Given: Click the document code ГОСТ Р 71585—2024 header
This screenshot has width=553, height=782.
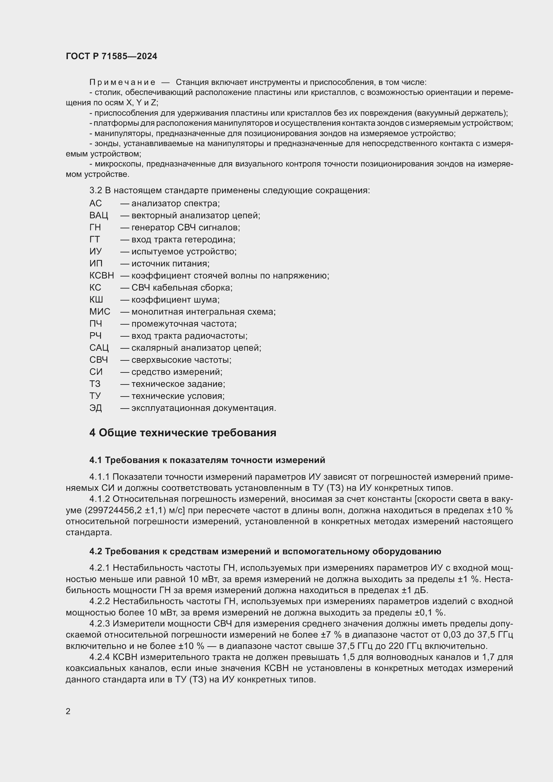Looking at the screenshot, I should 111,56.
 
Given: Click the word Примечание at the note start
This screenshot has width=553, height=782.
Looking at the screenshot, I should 122,82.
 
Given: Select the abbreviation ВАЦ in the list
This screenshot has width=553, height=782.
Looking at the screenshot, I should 99,215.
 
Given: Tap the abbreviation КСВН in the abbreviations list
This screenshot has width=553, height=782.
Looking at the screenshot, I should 102,275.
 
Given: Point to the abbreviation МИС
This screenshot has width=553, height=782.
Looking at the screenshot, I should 100,312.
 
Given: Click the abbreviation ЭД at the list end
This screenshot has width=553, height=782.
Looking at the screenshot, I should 96,408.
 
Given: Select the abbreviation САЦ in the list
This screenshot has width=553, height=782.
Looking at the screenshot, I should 99,348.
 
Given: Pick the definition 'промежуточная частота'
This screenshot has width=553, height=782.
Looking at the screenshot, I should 184,324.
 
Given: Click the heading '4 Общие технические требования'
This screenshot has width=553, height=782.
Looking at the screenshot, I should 183,433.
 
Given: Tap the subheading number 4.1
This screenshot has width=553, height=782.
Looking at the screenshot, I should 96,460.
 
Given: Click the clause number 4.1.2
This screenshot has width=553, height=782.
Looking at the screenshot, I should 99,499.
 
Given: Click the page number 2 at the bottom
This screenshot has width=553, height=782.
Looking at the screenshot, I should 68,711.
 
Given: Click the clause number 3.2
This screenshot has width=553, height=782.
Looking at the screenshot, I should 95,190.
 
